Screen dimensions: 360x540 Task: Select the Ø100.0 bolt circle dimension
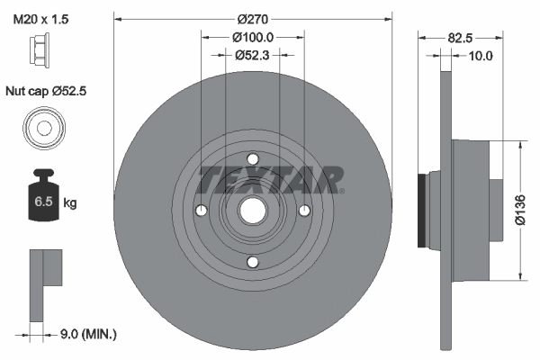tap(253, 37)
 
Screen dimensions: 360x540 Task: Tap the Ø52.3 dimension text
tap(253, 55)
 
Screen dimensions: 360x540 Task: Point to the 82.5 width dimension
tap(459, 37)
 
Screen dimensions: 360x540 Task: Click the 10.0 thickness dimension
tap(481, 56)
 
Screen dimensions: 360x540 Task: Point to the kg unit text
tap(70, 203)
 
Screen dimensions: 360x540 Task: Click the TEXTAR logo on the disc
tap(270, 179)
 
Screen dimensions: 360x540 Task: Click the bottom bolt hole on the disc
tap(253, 263)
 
